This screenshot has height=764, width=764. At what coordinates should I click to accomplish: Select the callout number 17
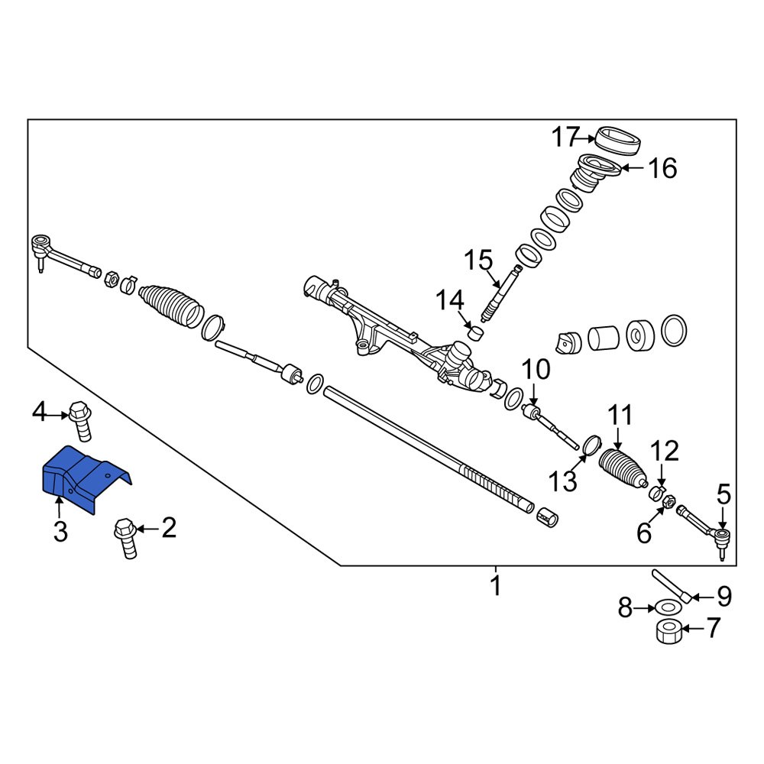point(566,138)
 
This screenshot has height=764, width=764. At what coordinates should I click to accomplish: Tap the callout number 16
point(662,168)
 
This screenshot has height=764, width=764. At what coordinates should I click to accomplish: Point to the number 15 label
point(479,261)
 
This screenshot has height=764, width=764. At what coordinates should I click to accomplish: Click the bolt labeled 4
point(80,419)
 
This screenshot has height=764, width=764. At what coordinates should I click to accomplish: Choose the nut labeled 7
point(669,632)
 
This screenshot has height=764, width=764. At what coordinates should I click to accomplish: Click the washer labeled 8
point(668,607)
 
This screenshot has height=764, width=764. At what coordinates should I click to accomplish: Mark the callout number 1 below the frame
point(495,587)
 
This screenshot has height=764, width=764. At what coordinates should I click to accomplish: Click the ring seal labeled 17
point(617,141)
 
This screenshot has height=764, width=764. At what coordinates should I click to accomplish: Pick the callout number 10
point(536,371)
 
